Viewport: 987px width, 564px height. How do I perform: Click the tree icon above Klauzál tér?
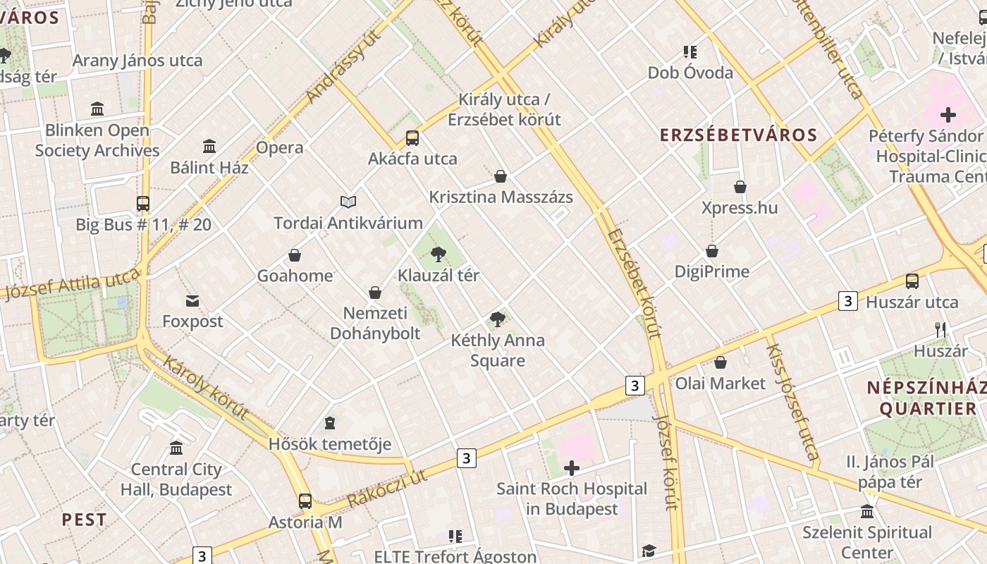(438, 254)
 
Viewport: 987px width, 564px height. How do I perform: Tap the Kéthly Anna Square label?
(498, 350)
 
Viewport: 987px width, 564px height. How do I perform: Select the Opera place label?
(280, 147)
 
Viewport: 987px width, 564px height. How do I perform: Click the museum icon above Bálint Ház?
(209, 147)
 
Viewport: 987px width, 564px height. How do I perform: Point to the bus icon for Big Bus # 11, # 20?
(143, 204)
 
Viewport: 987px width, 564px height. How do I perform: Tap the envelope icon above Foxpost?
(192, 301)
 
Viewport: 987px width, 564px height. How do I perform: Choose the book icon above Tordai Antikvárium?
(348, 202)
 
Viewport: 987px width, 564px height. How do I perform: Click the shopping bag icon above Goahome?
(295, 255)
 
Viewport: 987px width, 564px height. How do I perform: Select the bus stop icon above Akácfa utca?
(412, 138)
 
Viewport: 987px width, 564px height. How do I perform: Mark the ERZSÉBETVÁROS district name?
(738, 135)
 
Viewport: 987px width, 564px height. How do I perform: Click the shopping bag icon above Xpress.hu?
(740, 187)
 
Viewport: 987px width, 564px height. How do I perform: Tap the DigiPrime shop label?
(712, 271)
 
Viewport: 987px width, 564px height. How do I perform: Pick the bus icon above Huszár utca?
(912, 281)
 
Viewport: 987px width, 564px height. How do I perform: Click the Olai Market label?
(721, 383)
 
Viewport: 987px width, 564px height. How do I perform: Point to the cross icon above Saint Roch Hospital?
(572, 468)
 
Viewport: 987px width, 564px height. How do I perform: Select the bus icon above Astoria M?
(305, 501)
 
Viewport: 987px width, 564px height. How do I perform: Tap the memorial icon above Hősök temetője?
(329, 423)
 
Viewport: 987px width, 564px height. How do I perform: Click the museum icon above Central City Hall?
(176, 448)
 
